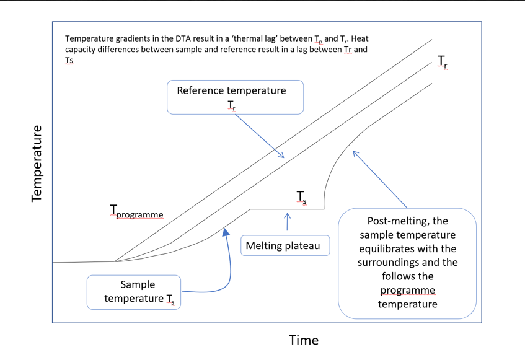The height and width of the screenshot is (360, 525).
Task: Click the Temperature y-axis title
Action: pyautogui.click(x=37, y=164)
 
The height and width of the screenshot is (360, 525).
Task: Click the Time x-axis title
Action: pyautogui.click(x=304, y=340)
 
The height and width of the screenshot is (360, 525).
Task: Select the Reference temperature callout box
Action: pyautogui.click(x=235, y=97)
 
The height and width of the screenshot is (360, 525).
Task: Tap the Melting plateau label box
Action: pyautogui.click(x=285, y=245)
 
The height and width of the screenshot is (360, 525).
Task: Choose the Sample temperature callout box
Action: pyautogui.click(x=134, y=292)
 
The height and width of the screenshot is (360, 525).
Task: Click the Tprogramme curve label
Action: pyautogui.click(x=136, y=212)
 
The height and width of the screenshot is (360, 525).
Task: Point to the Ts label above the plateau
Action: pyautogui.click(x=302, y=198)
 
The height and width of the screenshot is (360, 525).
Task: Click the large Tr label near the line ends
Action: pyautogui.click(x=443, y=62)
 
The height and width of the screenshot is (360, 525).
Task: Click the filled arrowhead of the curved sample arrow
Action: pyautogui.click(x=226, y=232)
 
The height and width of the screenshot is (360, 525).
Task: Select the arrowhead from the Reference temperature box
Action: pyautogui.click(x=281, y=155)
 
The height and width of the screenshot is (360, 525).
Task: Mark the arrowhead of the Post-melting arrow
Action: pyautogui.click(x=356, y=154)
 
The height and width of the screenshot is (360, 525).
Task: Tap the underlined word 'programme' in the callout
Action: pyautogui.click(x=407, y=291)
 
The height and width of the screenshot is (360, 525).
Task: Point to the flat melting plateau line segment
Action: pyautogui.click(x=287, y=209)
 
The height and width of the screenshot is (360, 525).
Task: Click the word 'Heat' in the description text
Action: pyautogui.click(x=360, y=38)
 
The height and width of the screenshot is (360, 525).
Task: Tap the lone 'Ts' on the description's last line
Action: pyautogui.click(x=69, y=61)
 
